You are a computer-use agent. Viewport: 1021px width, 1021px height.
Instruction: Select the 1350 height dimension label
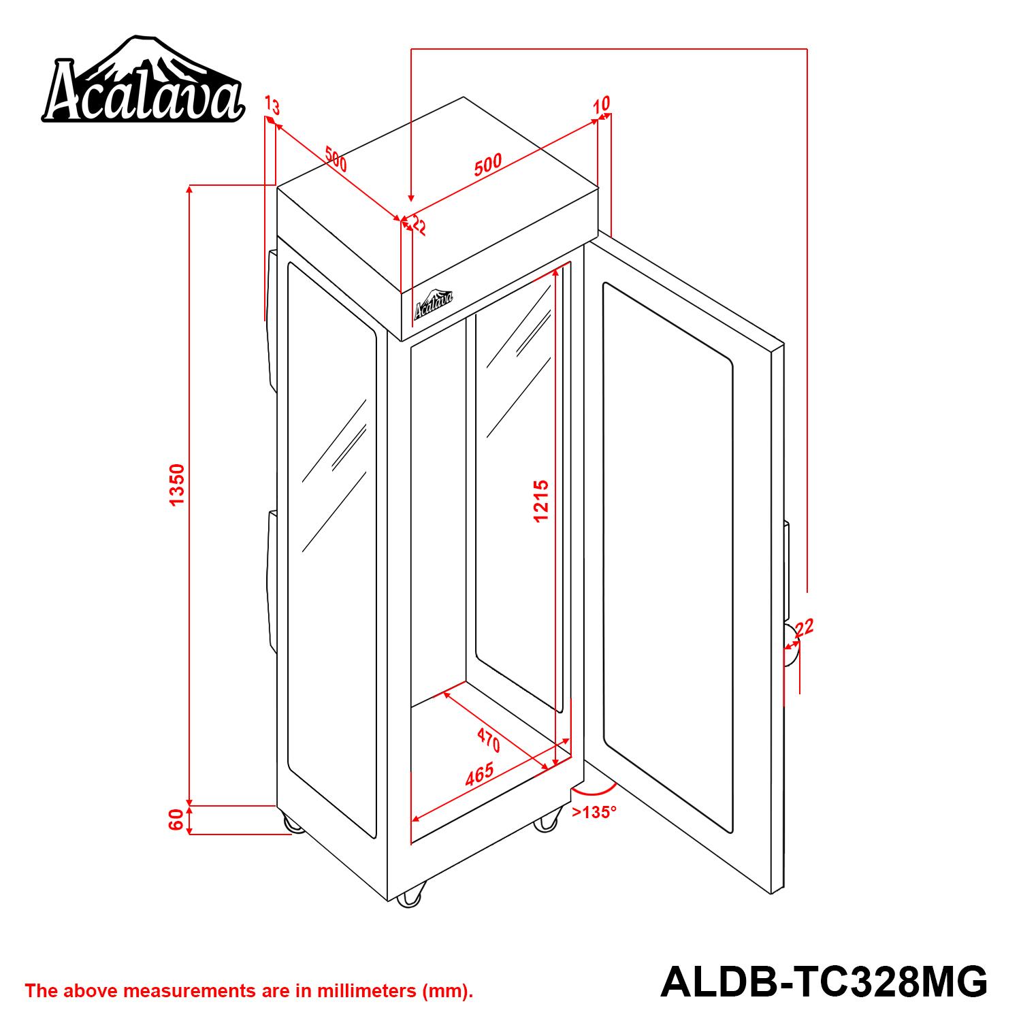(177, 485)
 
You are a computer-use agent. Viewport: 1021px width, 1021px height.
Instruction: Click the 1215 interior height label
(541, 501)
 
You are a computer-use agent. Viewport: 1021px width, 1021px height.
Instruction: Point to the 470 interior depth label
(489, 739)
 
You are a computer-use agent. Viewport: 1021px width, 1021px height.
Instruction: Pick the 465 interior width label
(479, 775)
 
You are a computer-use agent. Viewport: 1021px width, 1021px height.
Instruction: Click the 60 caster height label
(176, 820)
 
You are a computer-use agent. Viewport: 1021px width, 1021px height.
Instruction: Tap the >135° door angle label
(594, 812)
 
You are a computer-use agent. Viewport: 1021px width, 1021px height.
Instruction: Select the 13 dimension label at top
(272, 106)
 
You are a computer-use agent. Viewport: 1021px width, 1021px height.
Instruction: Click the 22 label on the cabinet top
(416, 225)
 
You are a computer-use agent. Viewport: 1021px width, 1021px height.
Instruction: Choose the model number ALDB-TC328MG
(824, 982)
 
